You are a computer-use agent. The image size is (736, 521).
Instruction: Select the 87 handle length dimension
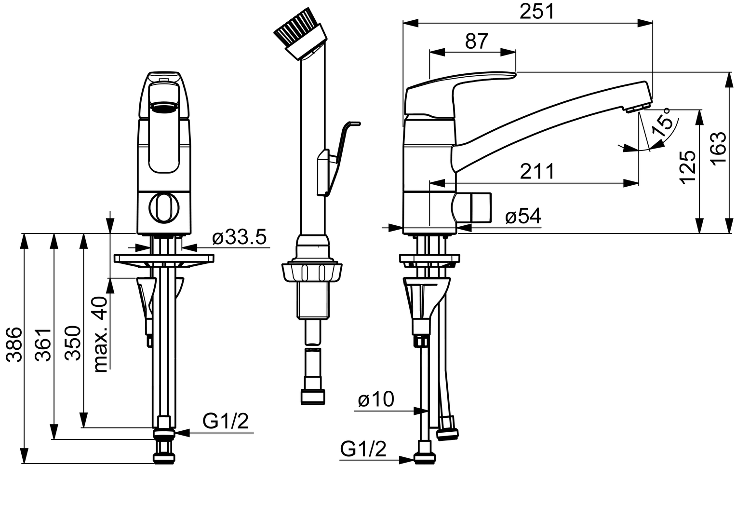click(477, 41)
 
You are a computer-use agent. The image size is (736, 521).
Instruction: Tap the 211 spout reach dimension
click(537, 171)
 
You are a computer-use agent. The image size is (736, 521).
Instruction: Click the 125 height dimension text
click(687, 167)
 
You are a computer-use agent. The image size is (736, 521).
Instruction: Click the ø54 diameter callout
click(523, 216)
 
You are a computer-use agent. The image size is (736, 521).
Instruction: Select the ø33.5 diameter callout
click(239, 237)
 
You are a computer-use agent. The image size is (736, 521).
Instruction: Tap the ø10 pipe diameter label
click(376, 399)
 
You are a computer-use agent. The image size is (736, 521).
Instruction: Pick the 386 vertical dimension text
click(14, 345)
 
